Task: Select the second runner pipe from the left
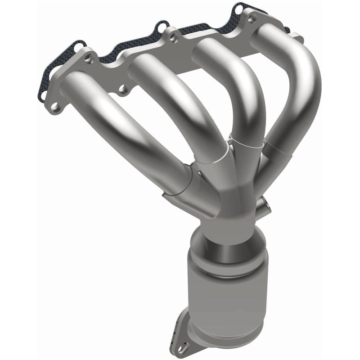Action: point(175,103)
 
